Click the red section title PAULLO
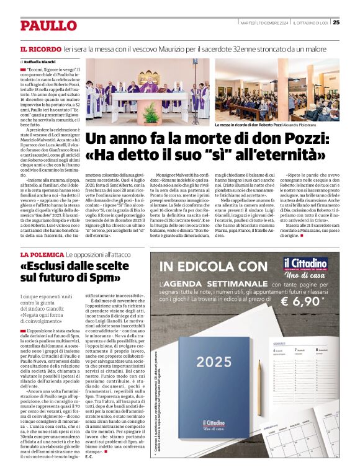[48, 25]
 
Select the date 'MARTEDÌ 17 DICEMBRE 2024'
[264, 22]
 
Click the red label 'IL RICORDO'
[40, 48]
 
